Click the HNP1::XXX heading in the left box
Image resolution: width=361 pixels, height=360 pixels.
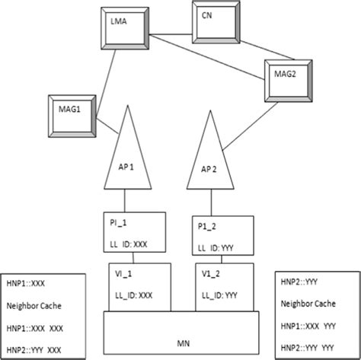(28, 282)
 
